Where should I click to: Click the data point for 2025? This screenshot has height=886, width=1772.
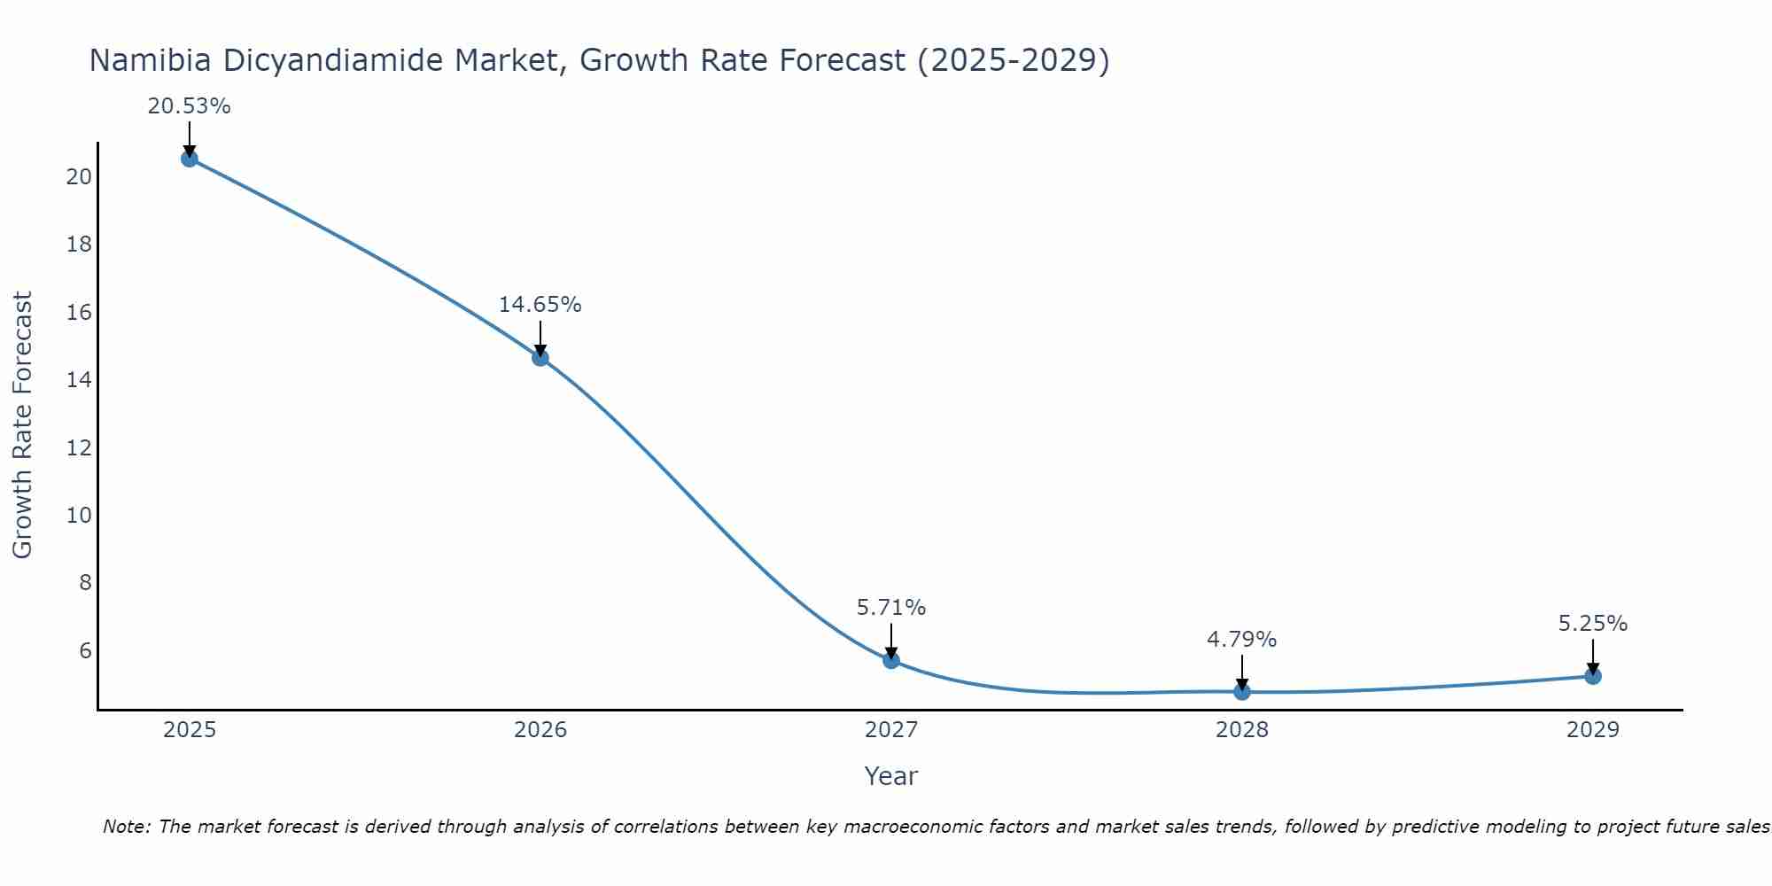pyautogui.click(x=189, y=159)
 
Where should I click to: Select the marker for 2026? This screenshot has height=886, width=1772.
pyautogui.click(x=540, y=358)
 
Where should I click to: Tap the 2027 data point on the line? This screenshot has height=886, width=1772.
pyautogui.click(x=891, y=660)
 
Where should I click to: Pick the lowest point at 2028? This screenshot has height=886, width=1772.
pyautogui.click(x=1242, y=691)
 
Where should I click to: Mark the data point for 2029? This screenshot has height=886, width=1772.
pyautogui.click(x=1593, y=676)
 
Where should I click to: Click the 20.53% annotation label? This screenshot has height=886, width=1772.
pyautogui.click(x=189, y=106)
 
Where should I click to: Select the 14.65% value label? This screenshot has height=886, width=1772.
pyautogui.click(x=540, y=305)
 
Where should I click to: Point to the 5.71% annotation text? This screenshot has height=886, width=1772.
pyautogui.click(x=891, y=608)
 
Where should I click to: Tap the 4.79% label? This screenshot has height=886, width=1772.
pyautogui.click(x=1242, y=640)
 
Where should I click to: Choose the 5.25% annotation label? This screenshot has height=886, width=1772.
pyautogui.click(x=1593, y=624)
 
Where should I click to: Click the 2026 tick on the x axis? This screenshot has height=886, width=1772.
pyautogui.click(x=540, y=731)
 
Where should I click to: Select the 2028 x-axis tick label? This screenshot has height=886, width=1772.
pyautogui.click(x=1242, y=731)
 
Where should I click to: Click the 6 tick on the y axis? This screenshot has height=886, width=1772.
pyautogui.click(x=85, y=650)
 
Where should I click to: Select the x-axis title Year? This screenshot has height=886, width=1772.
pyautogui.click(x=891, y=776)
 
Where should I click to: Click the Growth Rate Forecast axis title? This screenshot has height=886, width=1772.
pyautogui.click(x=22, y=425)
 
